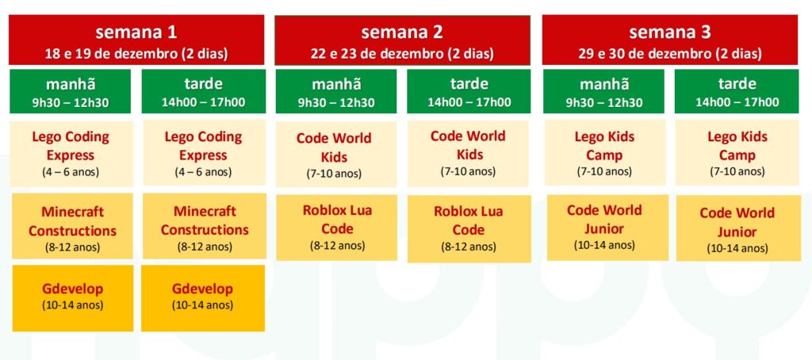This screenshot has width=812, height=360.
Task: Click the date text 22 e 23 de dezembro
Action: coord(402,54)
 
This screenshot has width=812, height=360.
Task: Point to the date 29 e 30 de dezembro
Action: coord(670,54)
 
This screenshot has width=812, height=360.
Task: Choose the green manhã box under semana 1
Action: coord(72,91)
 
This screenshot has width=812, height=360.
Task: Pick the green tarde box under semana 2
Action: coord(469,91)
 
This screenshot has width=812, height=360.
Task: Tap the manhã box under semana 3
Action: coord(603,91)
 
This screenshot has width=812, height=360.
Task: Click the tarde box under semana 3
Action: coord(737,91)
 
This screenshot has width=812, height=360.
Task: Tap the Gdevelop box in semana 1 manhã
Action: coord(72,297)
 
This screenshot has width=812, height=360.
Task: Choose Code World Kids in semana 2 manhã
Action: coord(335,154)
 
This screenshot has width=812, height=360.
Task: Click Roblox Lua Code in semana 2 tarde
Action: coord(469,228)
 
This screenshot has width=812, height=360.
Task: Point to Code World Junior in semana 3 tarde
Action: coord(737,228)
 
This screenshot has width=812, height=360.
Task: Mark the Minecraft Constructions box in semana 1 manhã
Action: coord(72,227)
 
